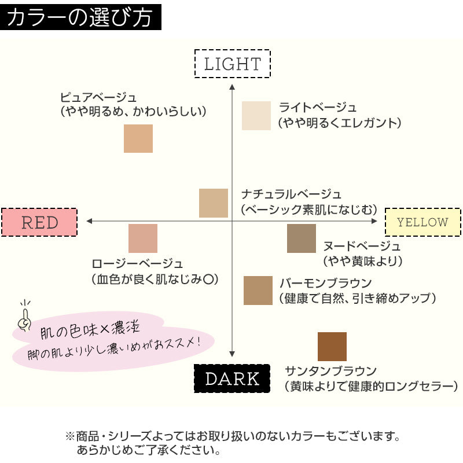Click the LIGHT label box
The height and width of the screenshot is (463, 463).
point(233,64)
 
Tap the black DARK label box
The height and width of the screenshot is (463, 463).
point(232,379)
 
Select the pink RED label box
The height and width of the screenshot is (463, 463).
point(39,222)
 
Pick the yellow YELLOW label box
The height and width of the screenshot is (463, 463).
point(422,222)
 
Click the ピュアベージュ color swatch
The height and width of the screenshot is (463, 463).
point(138,138)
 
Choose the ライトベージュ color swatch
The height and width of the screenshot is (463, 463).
point(256,116)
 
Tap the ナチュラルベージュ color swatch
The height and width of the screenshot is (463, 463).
point(214,203)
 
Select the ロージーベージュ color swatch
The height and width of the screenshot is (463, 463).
point(142,238)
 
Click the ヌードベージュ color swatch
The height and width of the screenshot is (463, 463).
point(302,238)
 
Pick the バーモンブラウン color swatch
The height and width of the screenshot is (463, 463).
point(258,291)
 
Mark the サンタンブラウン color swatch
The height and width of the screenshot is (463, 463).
point(332,347)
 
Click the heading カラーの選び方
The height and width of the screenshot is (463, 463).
point(80,17)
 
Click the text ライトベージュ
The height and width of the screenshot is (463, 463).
point(318,108)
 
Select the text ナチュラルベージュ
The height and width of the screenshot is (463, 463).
point(291,194)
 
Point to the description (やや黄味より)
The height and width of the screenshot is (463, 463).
point(362,261)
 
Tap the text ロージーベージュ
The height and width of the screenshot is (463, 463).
point(137,264)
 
